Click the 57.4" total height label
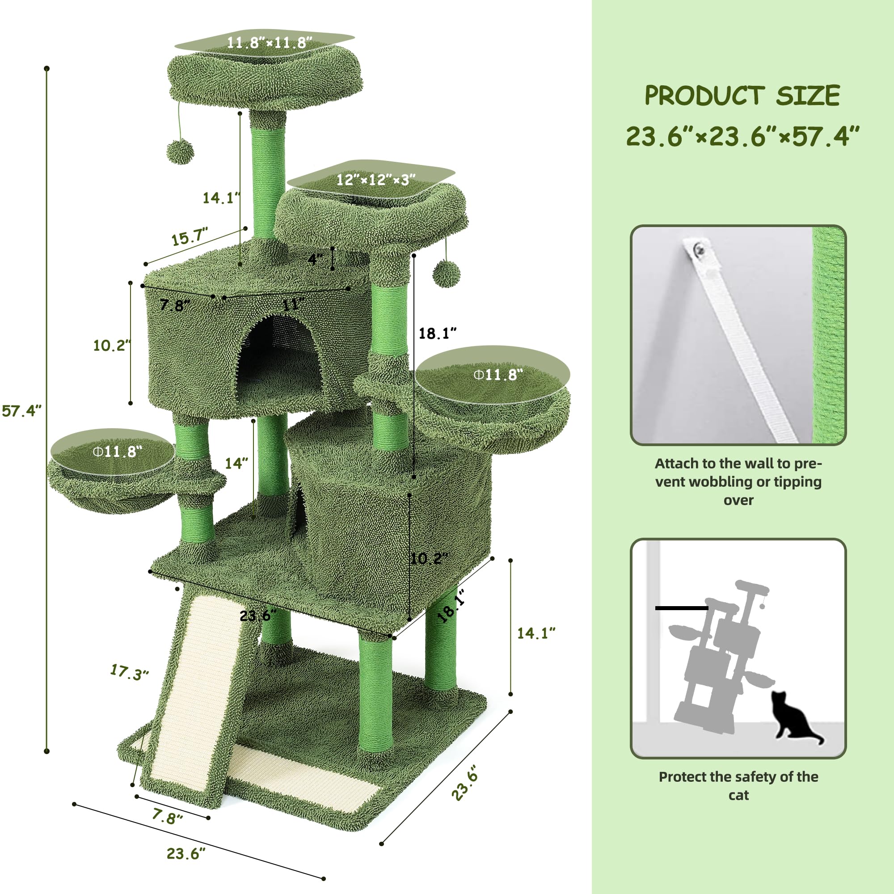point(21,410)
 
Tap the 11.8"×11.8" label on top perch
point(269,42)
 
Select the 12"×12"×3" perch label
point(375,180)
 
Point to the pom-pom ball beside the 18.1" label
point(446,274)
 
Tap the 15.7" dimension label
point(189,237)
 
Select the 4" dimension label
point(315,259)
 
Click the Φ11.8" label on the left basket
point(118,451)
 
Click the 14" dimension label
point(236,463)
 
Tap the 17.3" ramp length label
point(129,672)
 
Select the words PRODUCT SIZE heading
point(742,96)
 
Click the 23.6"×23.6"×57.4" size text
point(742,136)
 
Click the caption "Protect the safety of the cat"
point(738,786)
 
